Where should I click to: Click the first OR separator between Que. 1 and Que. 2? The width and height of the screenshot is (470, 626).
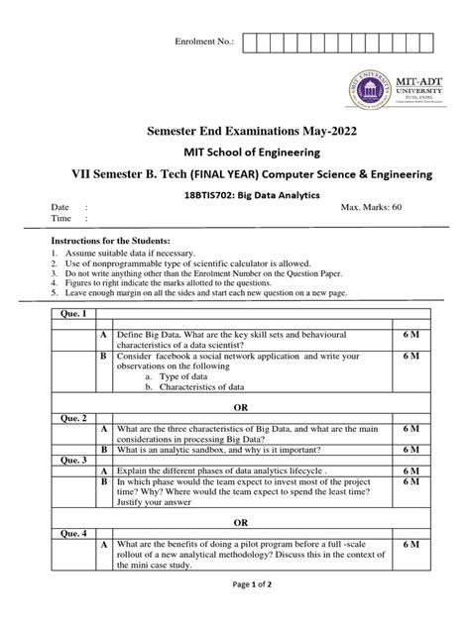point(235,405)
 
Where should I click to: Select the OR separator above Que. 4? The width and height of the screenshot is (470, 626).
point(235,521)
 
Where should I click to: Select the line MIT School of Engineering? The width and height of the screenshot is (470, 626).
point(234,154)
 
